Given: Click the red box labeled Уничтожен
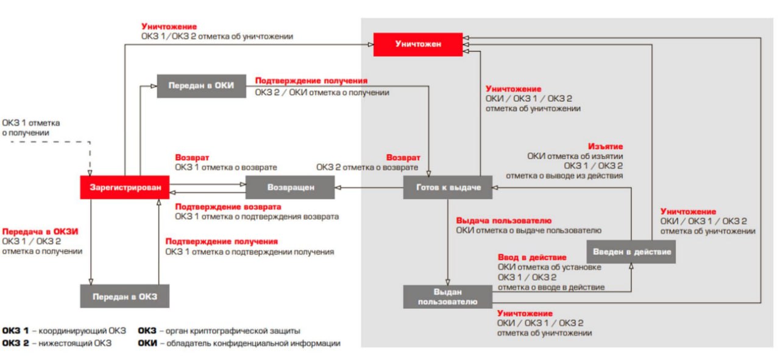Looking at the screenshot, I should [x=417, y=44].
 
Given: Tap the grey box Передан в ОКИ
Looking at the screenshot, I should [x=201, y=86].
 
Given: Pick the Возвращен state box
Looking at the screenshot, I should [x=290, y=187].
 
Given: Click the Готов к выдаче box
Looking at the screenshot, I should [x=447, y=187].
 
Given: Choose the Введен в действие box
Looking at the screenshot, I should [x=631, y=252].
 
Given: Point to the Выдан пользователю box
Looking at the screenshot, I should [x=447, y=297].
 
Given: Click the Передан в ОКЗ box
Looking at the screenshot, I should [x=124, y=297].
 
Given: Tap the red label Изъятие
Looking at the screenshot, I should [x=605, y=147].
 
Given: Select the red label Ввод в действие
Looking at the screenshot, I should [x=531, y=258].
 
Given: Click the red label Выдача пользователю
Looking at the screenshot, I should [x=503, y=221].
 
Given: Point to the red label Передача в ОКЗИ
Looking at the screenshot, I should [x=41, y=231].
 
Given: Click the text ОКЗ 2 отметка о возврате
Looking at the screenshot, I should [x=367, y=167].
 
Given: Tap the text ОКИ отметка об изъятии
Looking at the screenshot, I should [x=575, y=157].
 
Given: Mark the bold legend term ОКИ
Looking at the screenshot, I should [x=147, y=344].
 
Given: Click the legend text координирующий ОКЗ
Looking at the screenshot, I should [x=83, y=331].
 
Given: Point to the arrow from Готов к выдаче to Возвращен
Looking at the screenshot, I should [x=369, y=188].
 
